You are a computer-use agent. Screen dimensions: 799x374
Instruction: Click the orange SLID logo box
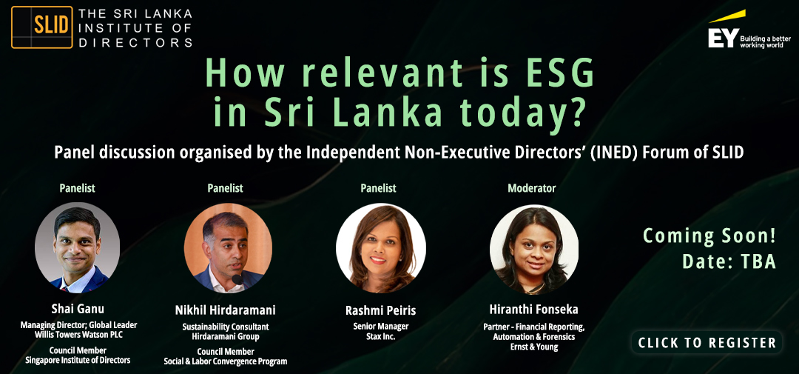click(x=41, y=27)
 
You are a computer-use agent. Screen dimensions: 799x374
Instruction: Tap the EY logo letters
click(x=723, y=39)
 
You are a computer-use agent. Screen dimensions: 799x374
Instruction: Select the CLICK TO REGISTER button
click(x=707, y=342)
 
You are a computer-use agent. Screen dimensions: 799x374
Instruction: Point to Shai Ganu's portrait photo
click(x=78, y=249)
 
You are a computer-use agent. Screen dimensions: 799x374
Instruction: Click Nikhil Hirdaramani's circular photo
click(x=229, y=248)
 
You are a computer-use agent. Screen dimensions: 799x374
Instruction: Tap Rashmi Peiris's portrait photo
click(x=381, y=248)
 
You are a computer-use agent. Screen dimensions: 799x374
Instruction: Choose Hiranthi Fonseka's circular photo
click(x=534, y=249)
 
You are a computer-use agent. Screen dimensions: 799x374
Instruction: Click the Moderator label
click(x=531, y=188)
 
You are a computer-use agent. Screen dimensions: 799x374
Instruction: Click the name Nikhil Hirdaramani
click(x=225, y=310)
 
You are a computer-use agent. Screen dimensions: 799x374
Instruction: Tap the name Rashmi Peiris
click(x=381, y=310)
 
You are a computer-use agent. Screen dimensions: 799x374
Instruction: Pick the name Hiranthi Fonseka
click(x=533, y=310)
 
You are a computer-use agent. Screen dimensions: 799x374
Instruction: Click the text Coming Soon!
click(x=709, y=236)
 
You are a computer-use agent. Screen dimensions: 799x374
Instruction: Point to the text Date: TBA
click(x=729, y=261)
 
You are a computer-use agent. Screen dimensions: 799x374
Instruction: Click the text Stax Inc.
click(x=381, y=337)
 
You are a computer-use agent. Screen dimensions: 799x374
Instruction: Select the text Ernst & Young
click(x=533, y=347)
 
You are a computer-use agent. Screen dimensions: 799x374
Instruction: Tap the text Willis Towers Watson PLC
click(x=78, y=335)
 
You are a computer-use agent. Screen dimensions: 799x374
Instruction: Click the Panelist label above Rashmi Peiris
click(x=378, y=188)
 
